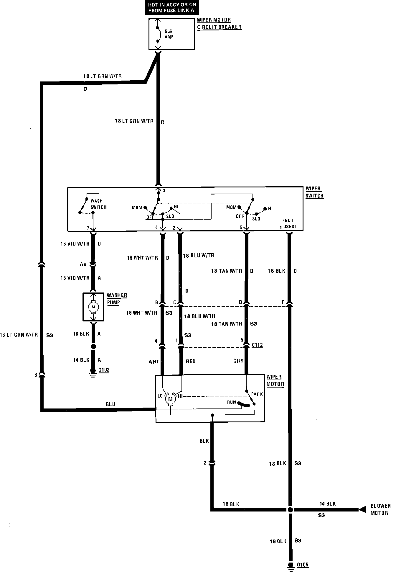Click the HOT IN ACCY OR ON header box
[172, 8]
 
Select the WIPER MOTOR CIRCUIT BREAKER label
[219, 24]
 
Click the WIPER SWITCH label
[314, 192]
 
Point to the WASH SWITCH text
[98, 204]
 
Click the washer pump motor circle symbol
[93, 307]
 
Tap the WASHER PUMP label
[117, 299]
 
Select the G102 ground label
[104, 370]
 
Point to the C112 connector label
[257, 345]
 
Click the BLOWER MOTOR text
[380, 509]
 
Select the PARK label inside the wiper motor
[257, 394]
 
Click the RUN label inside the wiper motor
[231, 402]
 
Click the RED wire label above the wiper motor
[191, 361]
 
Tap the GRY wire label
[239, 361]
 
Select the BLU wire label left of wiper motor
[110, 404]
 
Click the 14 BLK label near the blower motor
[328, 504]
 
